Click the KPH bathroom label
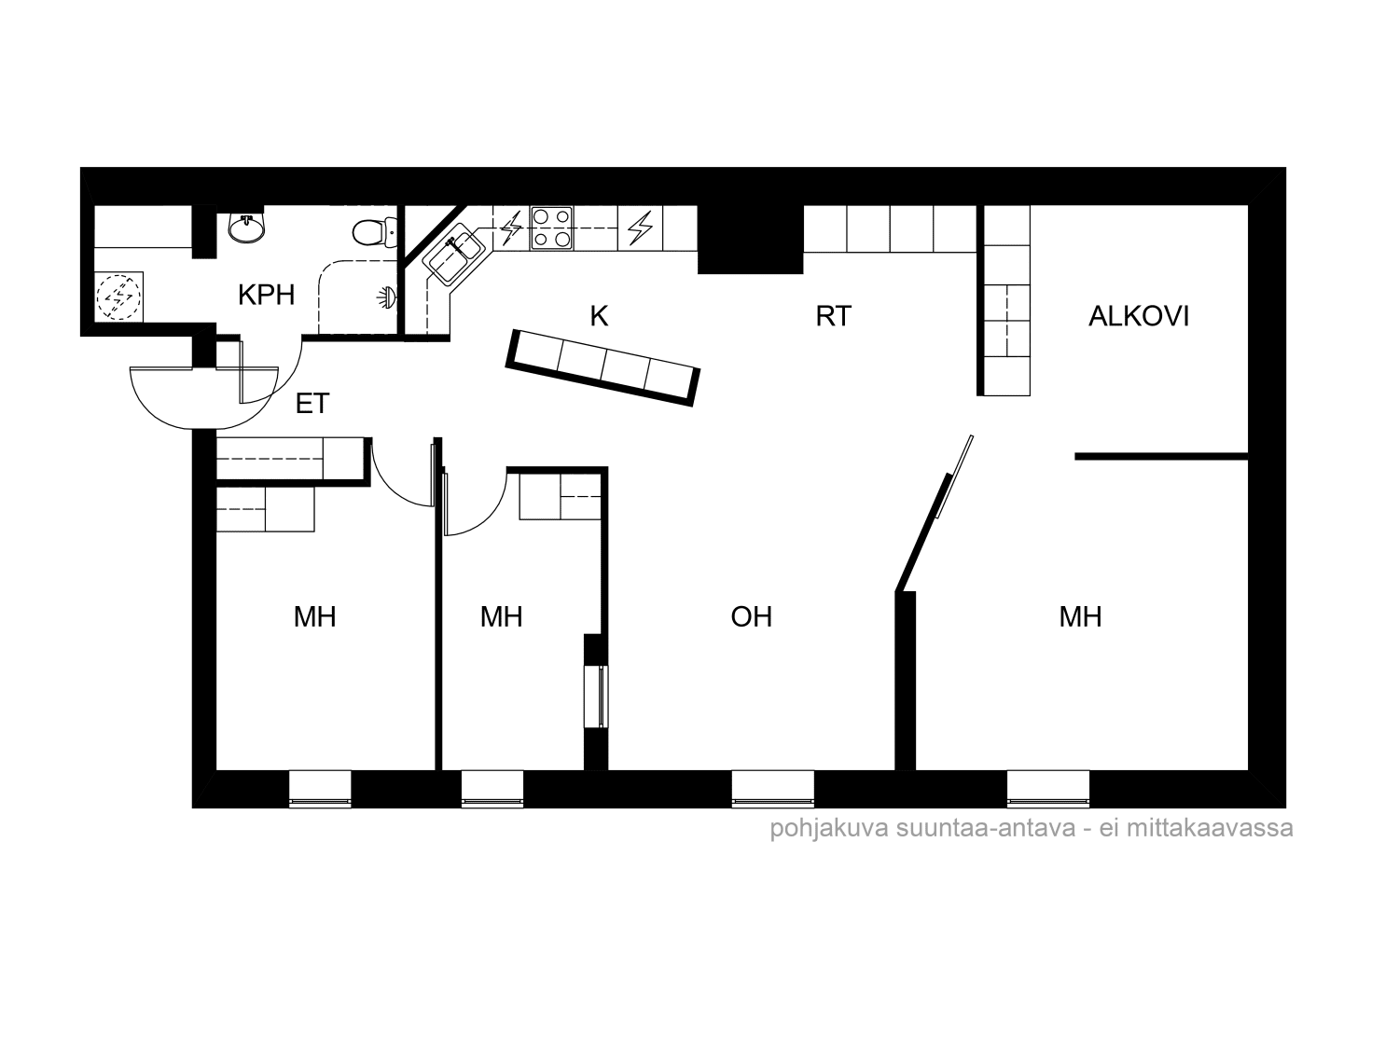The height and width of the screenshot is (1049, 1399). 266,296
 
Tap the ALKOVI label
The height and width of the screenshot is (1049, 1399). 1139,317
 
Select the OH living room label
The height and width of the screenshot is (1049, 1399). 751,617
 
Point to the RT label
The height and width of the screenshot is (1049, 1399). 833,317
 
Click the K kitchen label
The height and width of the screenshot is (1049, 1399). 599,317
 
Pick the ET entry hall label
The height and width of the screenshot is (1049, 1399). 312,405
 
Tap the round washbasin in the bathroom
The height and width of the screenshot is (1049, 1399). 247,227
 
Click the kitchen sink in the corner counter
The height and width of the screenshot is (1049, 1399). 454,253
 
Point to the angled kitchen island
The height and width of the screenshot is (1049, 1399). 603,367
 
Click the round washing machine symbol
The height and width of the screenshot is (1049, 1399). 118,297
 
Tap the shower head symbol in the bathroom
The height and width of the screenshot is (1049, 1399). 387,297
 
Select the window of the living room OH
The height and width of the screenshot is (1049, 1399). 772,789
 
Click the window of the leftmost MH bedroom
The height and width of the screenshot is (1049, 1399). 320,789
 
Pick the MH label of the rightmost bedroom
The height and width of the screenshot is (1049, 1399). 1080,617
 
